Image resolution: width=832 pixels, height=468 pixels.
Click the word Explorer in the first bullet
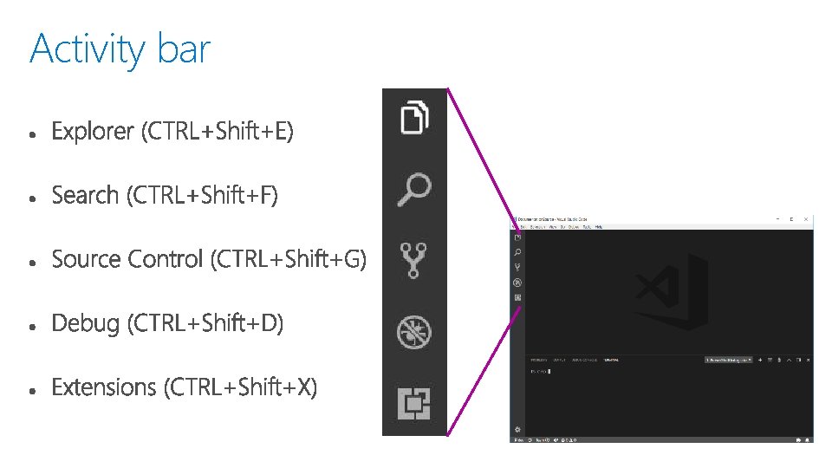(93, 132)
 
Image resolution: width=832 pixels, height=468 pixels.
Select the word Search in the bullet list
(85, 196)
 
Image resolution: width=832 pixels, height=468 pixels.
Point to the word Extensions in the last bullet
(104, 387)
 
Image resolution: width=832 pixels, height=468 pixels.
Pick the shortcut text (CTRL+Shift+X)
(240, 387)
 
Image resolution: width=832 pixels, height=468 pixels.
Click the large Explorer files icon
(414, 116)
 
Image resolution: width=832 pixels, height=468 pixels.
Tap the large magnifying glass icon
(414, 189)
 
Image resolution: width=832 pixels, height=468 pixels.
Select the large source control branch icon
(414, 260)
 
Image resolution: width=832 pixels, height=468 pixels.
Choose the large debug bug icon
(414, 332)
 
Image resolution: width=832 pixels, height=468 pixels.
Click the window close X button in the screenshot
(806, 220)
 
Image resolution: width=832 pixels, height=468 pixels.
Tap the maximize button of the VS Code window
(792, 220)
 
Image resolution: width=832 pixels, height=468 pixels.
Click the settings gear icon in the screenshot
(517, 429)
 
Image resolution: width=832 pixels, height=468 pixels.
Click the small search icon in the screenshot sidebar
(517, 251)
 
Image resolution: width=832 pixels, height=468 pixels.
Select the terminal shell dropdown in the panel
(728, 359)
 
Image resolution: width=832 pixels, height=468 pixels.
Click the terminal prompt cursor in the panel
(549, 372)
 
